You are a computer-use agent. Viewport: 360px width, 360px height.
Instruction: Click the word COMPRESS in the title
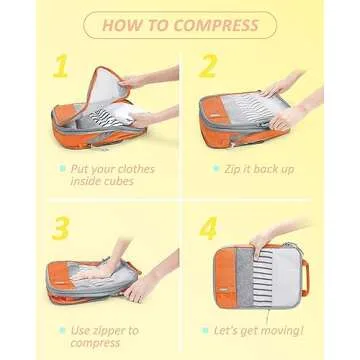(x=216, y=24)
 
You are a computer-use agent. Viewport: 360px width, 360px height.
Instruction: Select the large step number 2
(x=207, y=67)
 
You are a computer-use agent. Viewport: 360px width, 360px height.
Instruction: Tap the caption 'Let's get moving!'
(x=265, y=329)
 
